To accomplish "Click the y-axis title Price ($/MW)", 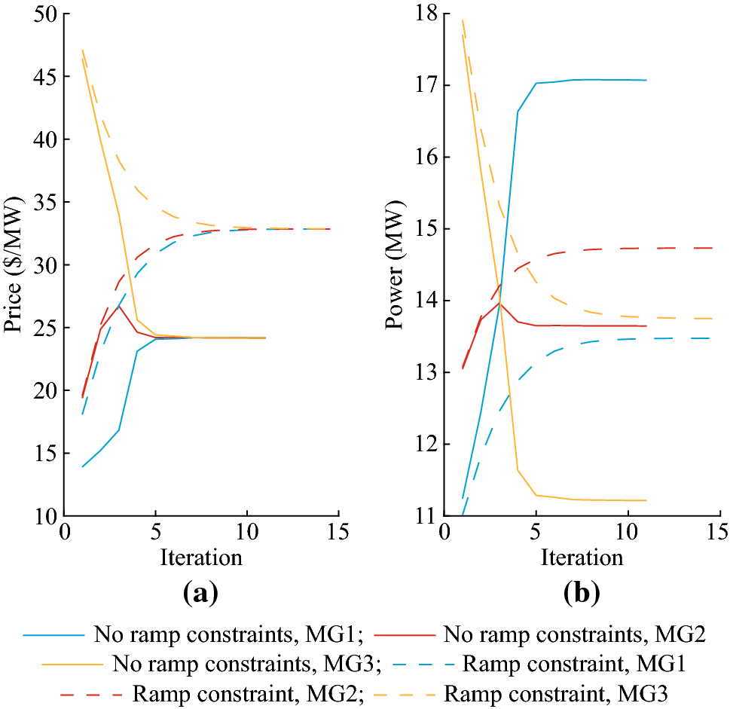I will click(14, 264).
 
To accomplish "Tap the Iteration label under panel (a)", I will click(201, 558).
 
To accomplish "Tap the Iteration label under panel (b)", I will click(582, 558).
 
